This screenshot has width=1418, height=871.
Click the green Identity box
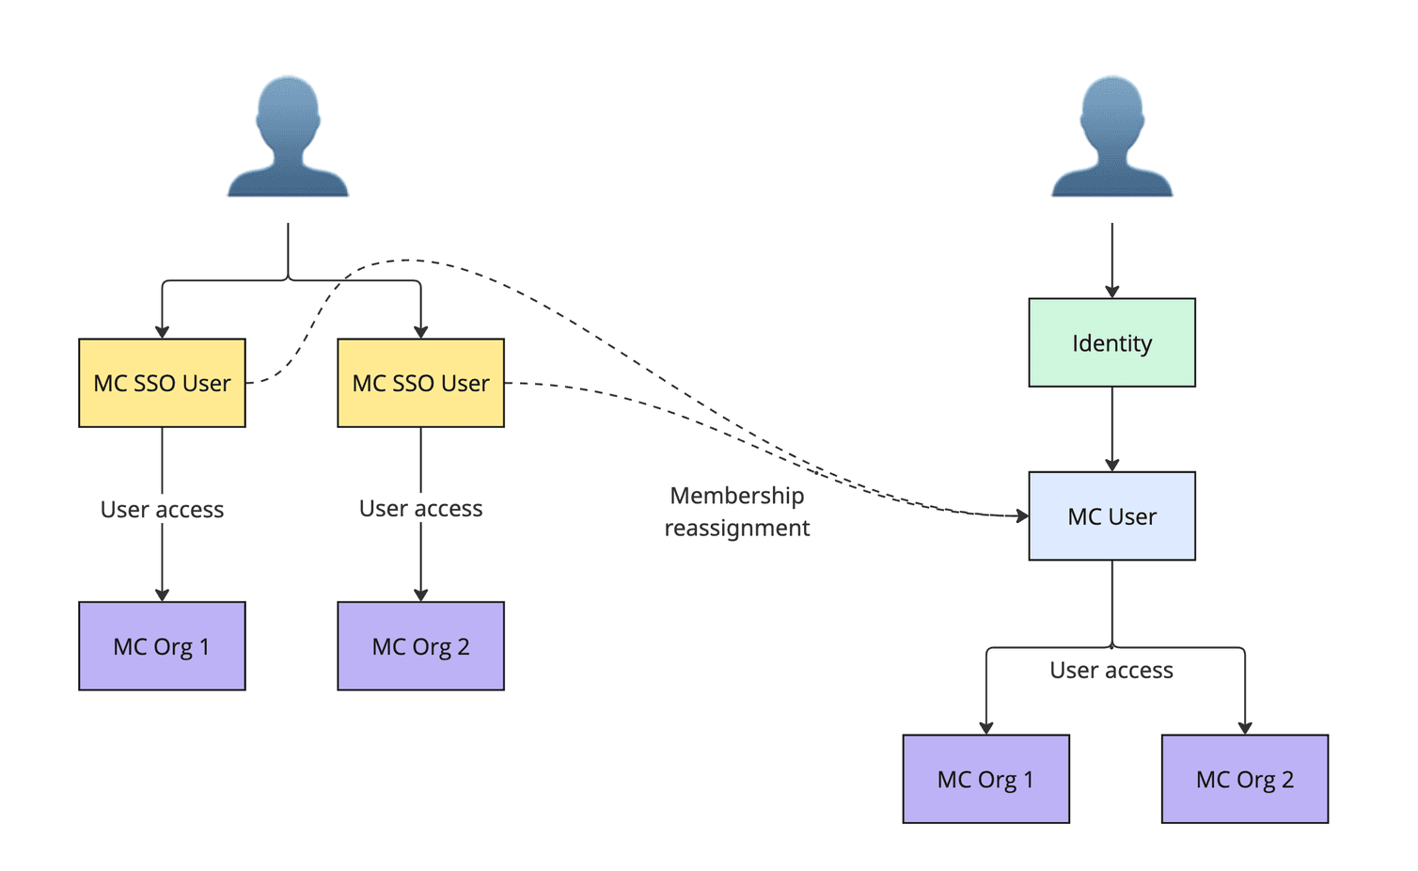click(1111, 343)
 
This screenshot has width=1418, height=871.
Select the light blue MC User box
click(1111, 516)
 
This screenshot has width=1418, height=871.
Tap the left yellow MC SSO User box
click(162, 383)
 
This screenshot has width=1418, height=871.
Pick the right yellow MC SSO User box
click(420, 383)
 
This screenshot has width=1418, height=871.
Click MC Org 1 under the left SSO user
click(162, 646)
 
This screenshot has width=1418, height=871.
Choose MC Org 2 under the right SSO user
click(420, 646)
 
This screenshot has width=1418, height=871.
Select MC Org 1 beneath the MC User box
click(985, 779)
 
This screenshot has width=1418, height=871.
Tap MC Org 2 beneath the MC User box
click(1244, 779)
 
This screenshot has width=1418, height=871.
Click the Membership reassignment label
click(737, 512)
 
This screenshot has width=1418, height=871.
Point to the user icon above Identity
click(1111, 136)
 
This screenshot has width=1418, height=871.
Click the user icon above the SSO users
click(288, 136)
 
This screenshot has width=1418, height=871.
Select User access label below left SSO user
click(162, 510)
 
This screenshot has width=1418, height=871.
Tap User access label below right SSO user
click(420, 509)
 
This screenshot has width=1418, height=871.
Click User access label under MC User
click(1111, 671)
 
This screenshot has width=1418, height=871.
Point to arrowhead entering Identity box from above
click(1111, 292)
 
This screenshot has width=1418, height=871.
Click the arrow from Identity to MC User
click(1111, 428)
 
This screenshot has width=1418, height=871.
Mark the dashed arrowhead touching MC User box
click(1022, 515)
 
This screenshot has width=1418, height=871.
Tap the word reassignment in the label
click(737, 529)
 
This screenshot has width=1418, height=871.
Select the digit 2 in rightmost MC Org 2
click(1287, 779)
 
